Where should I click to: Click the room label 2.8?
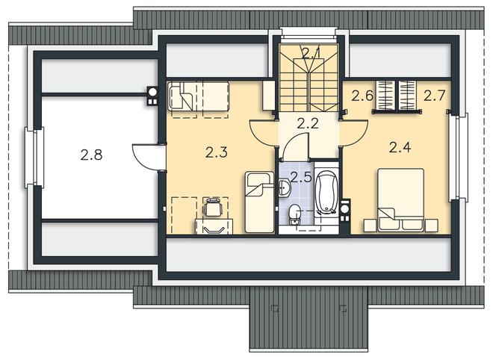91,155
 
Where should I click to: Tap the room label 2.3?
217,153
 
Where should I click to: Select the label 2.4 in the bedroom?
400,147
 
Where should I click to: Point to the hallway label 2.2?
308,123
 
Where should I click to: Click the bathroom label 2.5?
301,177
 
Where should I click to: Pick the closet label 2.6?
362,96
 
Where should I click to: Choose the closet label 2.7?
435,96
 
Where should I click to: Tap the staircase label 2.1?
311,53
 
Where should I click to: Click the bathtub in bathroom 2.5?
326,192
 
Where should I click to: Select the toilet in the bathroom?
294,214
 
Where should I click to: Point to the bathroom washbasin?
285,188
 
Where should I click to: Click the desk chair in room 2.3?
213,207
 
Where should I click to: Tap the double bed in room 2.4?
401,200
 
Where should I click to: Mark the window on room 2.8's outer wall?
34,157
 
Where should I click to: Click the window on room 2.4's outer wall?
459,157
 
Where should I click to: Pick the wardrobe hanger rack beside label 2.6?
385,96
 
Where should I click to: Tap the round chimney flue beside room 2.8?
152,92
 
